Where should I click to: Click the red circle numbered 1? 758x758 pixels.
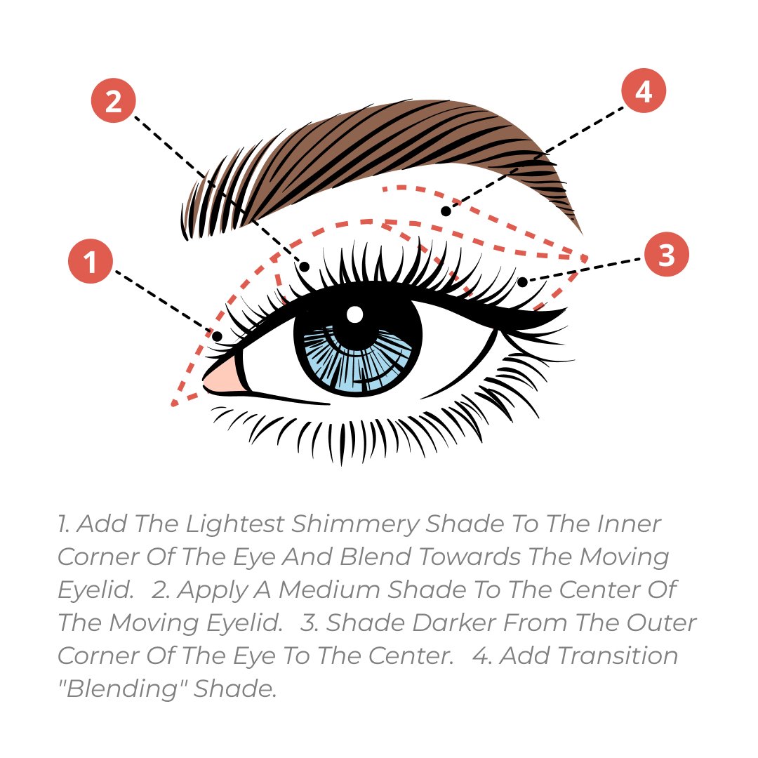coord(91,261)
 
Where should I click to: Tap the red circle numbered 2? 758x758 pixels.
coord(114,100)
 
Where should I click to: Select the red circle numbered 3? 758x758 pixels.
coord(667,254)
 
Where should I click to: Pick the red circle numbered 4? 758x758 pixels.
coord(644,91)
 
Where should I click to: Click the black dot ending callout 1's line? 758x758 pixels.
coord(217,336)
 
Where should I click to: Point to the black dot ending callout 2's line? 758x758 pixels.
coord(304,266)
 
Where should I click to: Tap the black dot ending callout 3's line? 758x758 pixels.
coord(522,282)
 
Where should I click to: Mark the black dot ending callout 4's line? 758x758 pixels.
coord(446,211)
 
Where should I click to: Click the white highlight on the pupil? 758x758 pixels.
coord(355,314)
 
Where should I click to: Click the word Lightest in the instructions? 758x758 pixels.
coord(235,524)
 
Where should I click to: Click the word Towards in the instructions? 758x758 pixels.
coord(470,557)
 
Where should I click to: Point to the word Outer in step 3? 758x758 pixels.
coord(661,623)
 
